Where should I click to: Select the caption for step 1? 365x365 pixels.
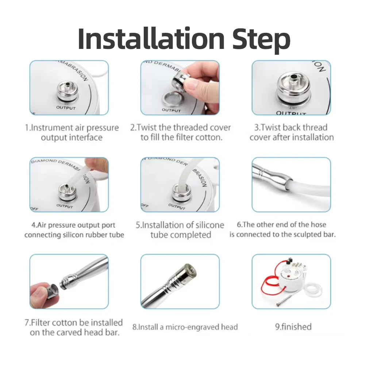click(x=72, y=132)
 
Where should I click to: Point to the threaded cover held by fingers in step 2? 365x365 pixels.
click(x=181, y=79)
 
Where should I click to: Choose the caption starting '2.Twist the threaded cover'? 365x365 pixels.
click(x=181, y=132)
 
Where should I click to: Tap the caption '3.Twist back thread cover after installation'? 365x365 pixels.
click(x=291, y=132)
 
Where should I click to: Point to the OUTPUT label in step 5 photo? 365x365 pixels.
click(x=177, y=207)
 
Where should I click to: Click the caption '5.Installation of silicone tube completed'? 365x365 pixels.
click(x=180, y=230)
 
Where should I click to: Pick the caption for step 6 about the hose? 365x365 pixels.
click(x=282, y=230)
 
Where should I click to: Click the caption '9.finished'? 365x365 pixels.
click(x=293, y=326)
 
